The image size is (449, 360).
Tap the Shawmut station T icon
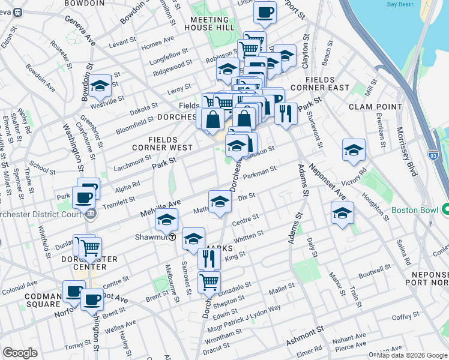tap(172, 237)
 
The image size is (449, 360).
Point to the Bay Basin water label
tap(400, 5)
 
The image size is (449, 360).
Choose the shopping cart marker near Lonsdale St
tap(208, 281)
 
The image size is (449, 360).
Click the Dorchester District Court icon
tap(90, 213)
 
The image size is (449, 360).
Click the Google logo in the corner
tap(20, 352)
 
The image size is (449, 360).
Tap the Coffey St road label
tap(406, 316)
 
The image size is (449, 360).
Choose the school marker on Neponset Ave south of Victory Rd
tap(342, 213)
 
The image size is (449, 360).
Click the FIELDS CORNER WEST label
tap(163, 143)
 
